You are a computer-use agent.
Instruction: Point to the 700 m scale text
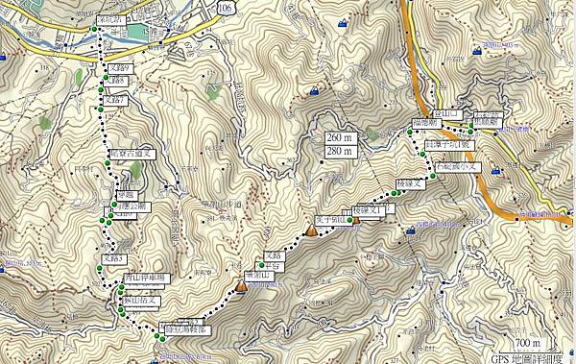click(527, 343)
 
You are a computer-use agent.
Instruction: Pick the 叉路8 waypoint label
click(117, 83)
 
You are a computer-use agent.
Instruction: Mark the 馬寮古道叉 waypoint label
click(131, 153)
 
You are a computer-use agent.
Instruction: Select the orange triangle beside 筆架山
click(240, 286)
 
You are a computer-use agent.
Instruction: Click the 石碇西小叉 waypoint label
click(457, 165)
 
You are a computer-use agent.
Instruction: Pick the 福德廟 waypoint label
click(426, 124)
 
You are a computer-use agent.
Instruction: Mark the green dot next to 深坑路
click(94, 31)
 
